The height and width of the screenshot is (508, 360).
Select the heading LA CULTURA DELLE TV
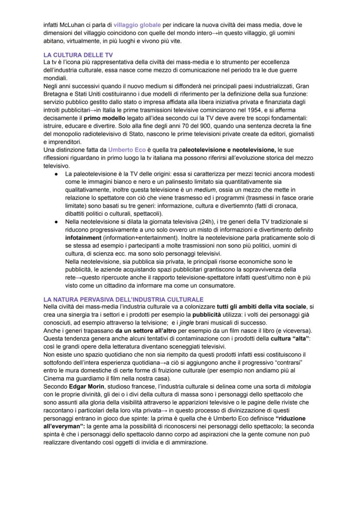click(x=78, y=56)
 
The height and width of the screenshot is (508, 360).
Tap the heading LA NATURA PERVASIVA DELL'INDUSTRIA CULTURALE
click(x=123, y=300)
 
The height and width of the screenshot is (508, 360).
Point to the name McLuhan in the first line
click(x=71, y=25)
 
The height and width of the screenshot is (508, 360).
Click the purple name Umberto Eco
click(x=127, y=150)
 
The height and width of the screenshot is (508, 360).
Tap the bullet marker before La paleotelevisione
click(x=57, y=174)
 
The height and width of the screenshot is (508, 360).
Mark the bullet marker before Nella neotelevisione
click(x=57, y=222)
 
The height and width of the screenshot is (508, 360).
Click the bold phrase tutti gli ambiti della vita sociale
click(x=262, y=307)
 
